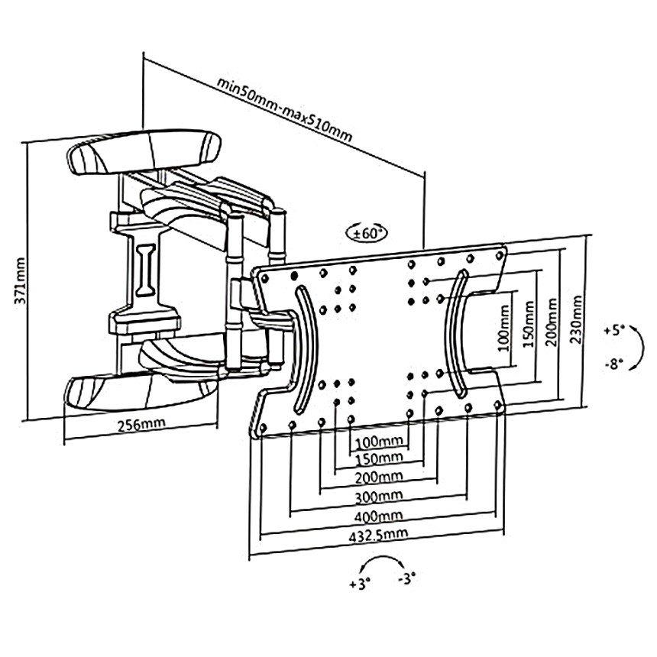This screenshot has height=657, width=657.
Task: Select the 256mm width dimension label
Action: point(140,426)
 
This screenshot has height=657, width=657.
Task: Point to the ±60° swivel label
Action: point(367,232)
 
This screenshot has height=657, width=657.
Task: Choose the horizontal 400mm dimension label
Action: point(380,516)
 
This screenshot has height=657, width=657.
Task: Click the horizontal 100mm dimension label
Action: point(380,441)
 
